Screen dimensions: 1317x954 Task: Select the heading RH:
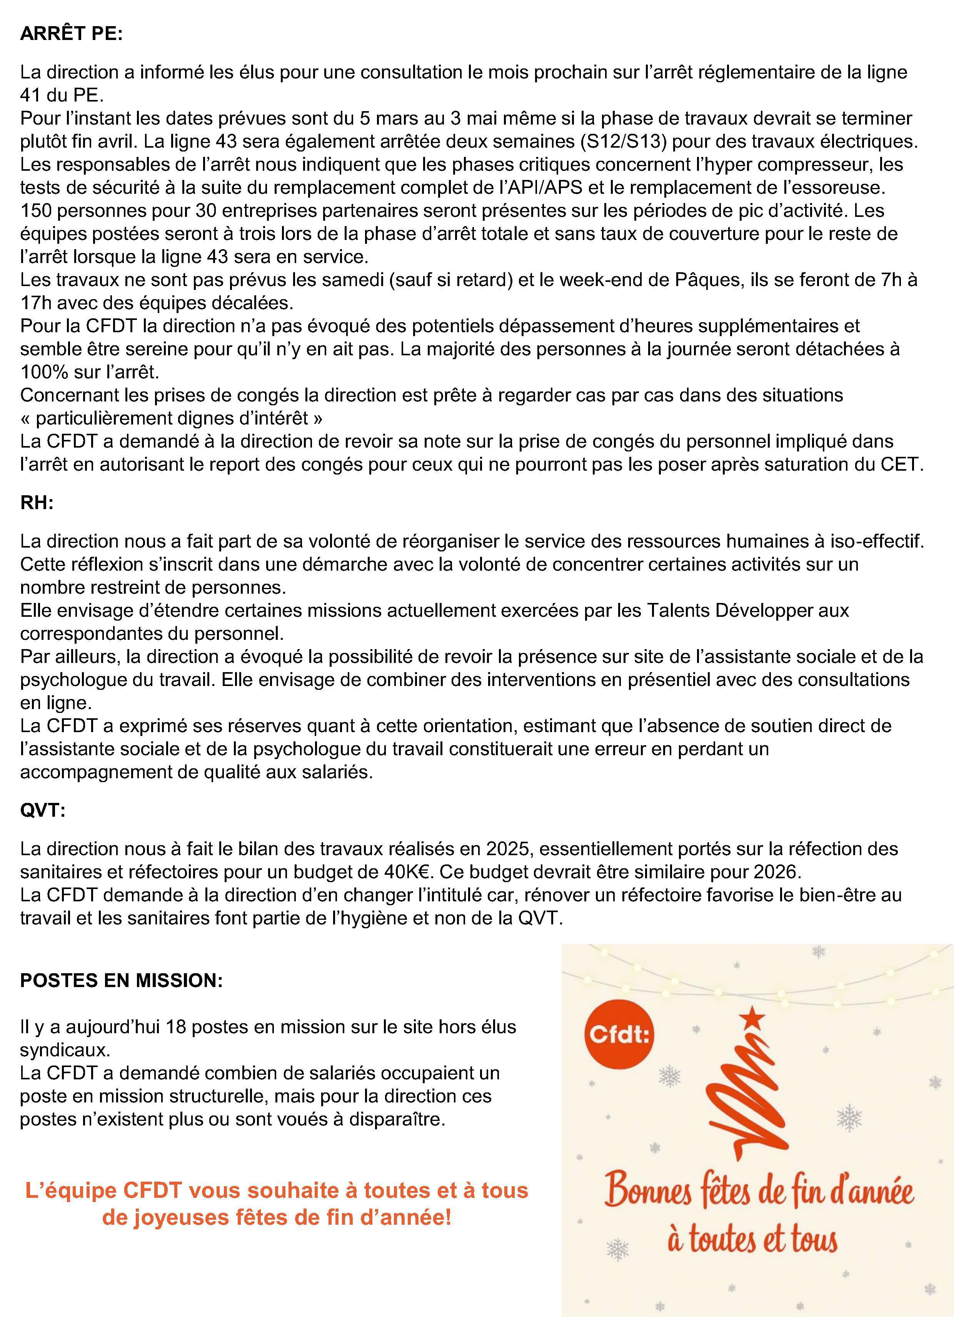click(37, 503)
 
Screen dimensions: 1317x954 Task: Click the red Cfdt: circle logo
click(619, 1035)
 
